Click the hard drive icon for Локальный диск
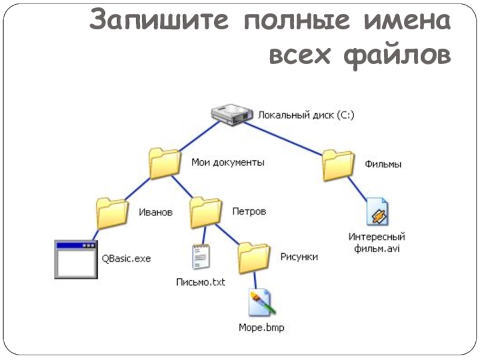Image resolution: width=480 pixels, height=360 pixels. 232,115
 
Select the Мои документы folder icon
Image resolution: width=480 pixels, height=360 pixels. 164,163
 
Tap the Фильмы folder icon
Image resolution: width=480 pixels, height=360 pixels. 338,166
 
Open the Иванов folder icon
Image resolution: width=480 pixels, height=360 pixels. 112,214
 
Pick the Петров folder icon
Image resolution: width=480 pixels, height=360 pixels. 206,213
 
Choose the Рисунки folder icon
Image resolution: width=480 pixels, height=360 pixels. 254,258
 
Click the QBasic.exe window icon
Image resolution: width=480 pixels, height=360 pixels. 76,259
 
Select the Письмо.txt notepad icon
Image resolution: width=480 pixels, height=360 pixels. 201,257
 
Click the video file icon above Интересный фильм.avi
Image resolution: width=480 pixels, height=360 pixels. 377,212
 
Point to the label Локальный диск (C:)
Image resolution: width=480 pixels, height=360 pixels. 306,115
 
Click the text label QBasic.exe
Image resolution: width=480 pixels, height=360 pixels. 126,259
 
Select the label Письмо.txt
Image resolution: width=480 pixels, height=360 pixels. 200,282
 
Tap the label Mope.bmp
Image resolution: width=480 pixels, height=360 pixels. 262,328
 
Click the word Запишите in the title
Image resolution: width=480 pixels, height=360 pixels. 159,20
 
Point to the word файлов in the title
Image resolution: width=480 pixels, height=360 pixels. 397,55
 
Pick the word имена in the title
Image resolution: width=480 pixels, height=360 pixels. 407,20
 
